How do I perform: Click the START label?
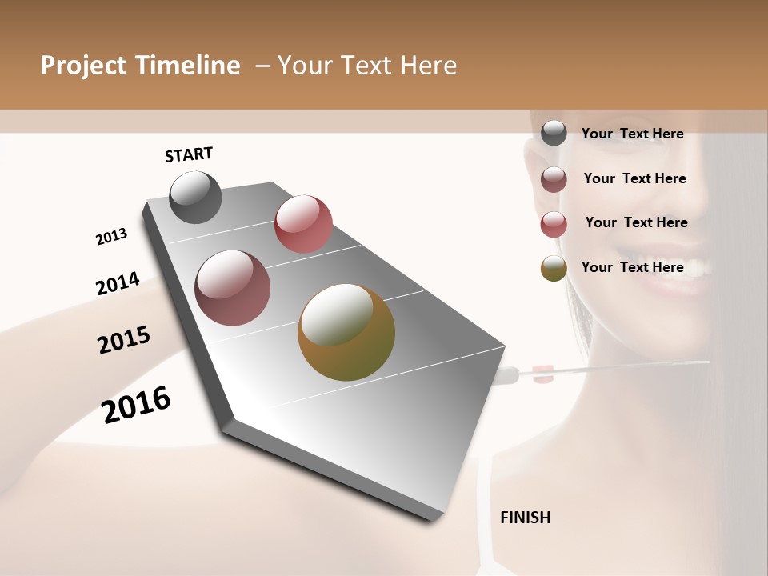pos(189,154)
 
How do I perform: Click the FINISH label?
pos(525,518)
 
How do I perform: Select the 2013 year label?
pos(111,237)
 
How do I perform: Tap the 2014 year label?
pos(118,284)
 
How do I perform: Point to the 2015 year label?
pos(124,340)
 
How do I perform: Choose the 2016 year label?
pos(136,404)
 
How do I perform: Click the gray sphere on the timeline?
pos(196,198)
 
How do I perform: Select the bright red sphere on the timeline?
pos(303,224)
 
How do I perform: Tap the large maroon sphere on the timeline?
pos(233,288)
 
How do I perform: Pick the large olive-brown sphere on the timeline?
pos(346,332)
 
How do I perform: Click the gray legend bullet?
pos(554,134)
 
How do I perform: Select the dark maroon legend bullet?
pos(554,179)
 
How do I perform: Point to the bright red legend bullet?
pos(554,224)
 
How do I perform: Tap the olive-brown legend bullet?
pos(554,269)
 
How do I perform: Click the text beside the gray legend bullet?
pos(632,134)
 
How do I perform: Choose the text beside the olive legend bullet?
pos(632,267)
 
